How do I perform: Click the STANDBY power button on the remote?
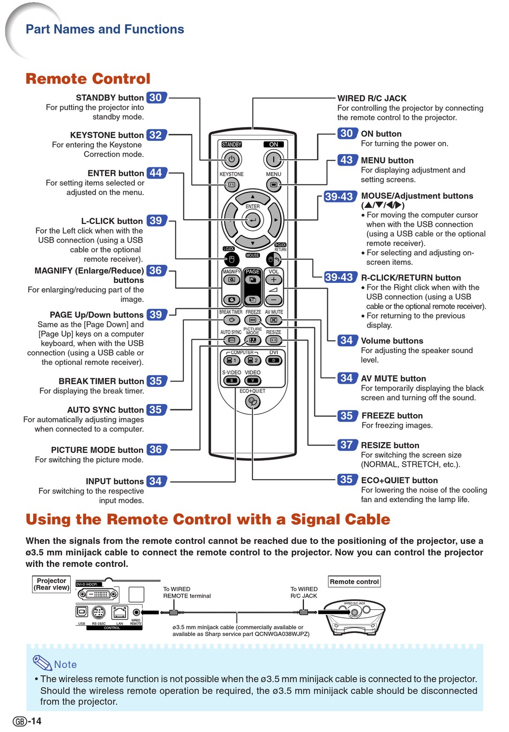(231, 159)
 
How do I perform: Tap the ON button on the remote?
(273, 159)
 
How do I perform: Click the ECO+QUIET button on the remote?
(252, 402)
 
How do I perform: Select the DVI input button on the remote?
(274, 361)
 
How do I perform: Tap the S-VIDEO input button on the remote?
(231, 380)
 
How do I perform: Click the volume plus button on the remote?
(274, 280)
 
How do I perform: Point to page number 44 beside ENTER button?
(156, 173)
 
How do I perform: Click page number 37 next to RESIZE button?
(347, 445)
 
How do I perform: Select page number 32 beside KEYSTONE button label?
(156, 135)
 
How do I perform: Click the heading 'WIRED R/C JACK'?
(372, 99)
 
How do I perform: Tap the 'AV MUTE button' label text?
(393, 378)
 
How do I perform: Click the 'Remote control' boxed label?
(354, 581)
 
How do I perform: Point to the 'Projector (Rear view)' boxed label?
(51, 584)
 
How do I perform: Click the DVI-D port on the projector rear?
(98, 594)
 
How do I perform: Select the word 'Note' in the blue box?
(65, 664)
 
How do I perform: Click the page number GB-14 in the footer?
(27, 721)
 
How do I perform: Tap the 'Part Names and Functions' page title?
(105, 29)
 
